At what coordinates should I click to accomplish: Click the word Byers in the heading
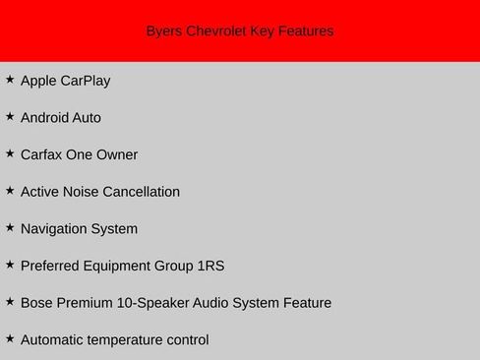pyautogui.click(x=163, y=31)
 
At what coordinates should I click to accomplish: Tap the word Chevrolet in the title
pyautogui.click(x=215, y=31)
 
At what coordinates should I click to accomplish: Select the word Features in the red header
pyautogui.click(x=305, y=31)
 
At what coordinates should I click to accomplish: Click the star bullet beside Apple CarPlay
pyautogui.click(x=10, y=79)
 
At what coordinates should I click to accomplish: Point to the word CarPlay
pyautogui.click(x=86, y=81)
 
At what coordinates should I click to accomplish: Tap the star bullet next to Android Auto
pyautogui.click(x=10, y=116)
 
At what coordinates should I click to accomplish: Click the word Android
pyautogui.click(x=45, y=118)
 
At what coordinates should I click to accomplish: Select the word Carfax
pyautogui.click(x=42, y=154)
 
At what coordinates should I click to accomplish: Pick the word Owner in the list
pyautogui.click(x=117, y=154)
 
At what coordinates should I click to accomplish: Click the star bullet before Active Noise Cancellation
pyautogui.click(x=10, y=190)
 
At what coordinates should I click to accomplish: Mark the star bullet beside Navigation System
pyautogui.click(x=10, y=227)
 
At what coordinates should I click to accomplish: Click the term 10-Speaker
pyautogui.click(x=156, y=303)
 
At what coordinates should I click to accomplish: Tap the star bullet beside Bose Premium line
pyautogui.click(x=10, y=301)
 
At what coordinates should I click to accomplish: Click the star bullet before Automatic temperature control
pyautogui.click(x=10, y=338)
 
